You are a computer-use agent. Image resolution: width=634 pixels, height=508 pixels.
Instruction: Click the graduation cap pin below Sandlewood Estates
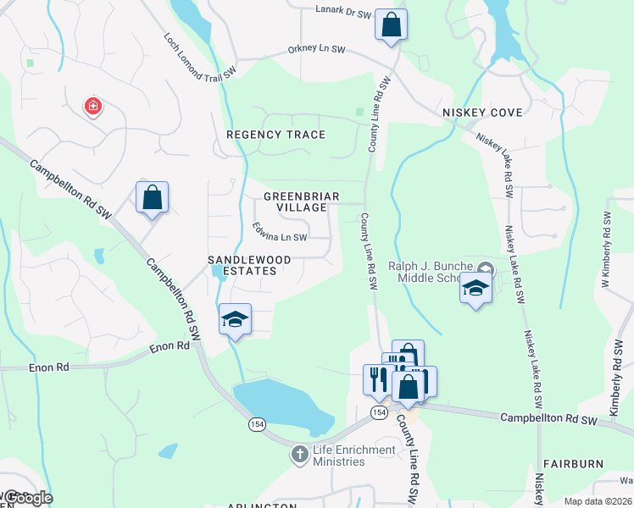pyautogui.click(x=235, y=319)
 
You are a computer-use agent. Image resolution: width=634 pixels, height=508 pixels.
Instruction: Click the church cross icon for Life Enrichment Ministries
pyautogui.click(x=298, y=455)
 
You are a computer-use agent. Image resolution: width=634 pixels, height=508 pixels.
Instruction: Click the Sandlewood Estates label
pyautogui.click(x=250, y=265)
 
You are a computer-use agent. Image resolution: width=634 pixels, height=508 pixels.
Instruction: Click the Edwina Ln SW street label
pyautogui.click(x=279, y=232)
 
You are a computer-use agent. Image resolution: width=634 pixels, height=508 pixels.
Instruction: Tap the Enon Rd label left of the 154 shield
pyautogui.click(x=169, y=347)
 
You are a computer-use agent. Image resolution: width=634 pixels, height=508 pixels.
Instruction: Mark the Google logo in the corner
pyautogui.click(x=28, y=497)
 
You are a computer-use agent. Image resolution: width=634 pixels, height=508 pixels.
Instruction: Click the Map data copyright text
pyautogui.click(x=597, y=501)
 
